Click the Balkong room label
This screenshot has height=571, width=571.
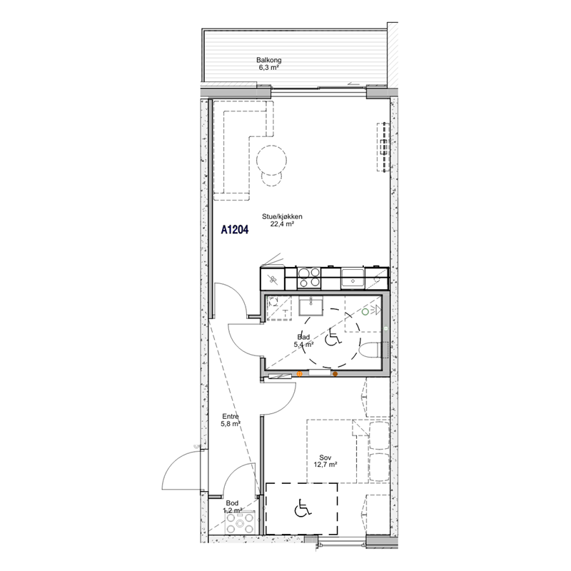click(269, 60)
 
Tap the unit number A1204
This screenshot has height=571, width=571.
click(235, 230)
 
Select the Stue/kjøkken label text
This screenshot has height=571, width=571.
click(282, 217)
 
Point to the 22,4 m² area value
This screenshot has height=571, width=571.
click(282, 224)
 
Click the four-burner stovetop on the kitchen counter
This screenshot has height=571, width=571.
click(309, 278)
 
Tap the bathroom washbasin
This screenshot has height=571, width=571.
click(310, 306)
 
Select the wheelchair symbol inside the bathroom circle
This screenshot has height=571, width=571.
click(333, 337)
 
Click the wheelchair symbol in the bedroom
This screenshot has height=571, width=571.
click(303, 508)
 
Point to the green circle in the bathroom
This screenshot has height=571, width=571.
click(365, 312)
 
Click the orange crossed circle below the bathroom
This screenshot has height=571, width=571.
click(299, 373)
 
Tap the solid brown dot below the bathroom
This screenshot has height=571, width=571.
click(335, 373)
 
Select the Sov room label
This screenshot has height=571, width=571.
click(325, 458)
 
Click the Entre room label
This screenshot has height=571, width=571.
click(231, 417)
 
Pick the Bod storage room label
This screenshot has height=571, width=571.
click(232, 503)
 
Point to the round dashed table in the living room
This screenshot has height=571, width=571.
click(271, 160)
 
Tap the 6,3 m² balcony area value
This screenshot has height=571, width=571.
click(269, 67)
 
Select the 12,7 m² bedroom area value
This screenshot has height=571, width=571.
click(325, 465)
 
